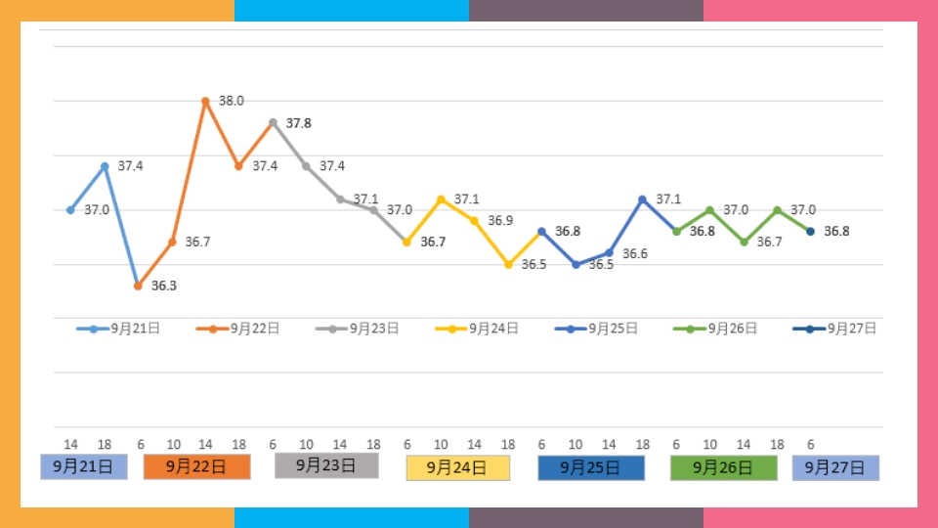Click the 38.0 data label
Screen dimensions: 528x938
(x=232, y=101)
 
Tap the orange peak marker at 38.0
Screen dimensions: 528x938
(x=205, y=101)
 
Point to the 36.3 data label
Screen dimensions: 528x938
(x=163, y=286)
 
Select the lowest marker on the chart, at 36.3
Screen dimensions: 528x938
(x=138, y=286)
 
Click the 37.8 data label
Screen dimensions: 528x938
(x=299, y=123)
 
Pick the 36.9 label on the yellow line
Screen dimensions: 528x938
(x=500, y=221)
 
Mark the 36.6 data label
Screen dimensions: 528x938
(x=635, y=253)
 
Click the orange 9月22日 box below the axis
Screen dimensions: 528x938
(x=197, y=466)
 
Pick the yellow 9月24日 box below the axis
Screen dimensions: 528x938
(x=458, y=467)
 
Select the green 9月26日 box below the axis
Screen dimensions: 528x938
(x=724, y=467)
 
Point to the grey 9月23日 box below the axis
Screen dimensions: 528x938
(x=326, y=464)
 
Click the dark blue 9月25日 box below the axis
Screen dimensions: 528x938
(x=591, y=467)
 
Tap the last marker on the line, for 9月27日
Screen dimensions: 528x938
(x=810, y=232)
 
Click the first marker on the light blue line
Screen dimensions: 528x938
(x=70, y=210)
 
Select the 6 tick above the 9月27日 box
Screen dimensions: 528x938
(x=810, y=444)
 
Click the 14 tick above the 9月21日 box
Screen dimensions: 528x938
(x=70, y=444)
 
